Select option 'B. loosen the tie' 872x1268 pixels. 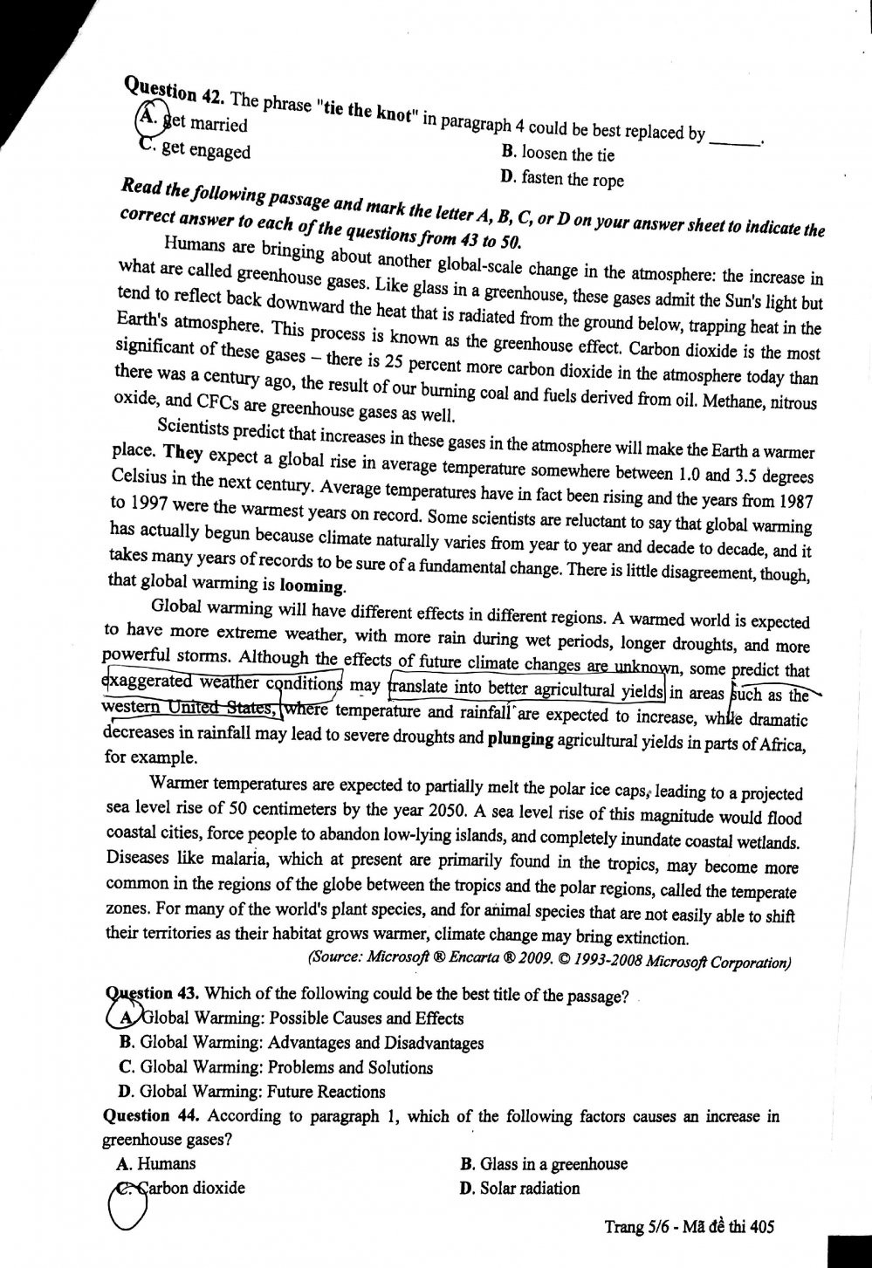point(558,154)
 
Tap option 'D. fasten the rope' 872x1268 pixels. point(562,179)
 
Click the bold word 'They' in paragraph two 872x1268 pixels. point(182,453)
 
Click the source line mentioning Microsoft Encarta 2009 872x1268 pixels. point(550,962)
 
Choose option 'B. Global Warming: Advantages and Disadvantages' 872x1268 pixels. point(301,1043)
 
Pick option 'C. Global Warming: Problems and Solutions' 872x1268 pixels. point(276,1067)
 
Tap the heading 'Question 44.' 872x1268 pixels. point(149,1116)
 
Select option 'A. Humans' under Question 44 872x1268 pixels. point(156,1163)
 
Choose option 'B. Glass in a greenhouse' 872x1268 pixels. point(543,1164)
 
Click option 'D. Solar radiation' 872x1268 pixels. point(518,1188)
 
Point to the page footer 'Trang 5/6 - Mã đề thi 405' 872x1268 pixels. point(689,1228)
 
